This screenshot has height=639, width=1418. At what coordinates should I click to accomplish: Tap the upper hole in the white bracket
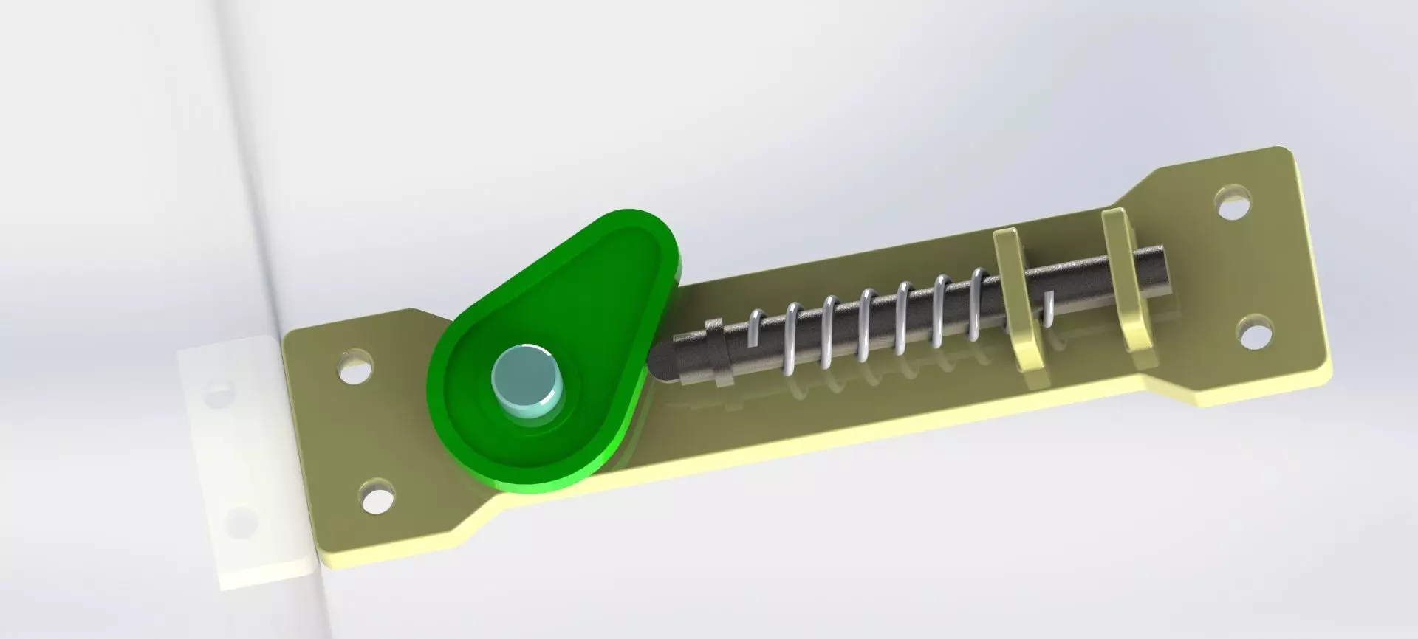[x=216, y=392]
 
